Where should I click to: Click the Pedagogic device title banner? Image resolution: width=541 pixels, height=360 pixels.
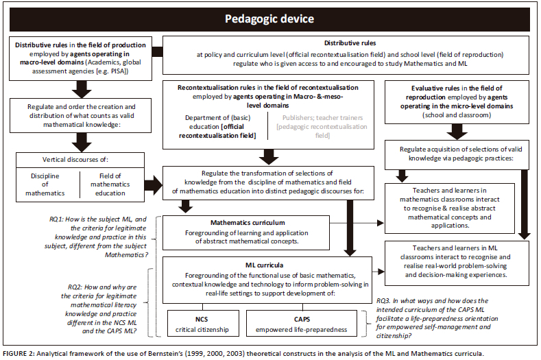pos(270,18)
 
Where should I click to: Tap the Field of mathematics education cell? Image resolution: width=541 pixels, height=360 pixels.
pos(110,184)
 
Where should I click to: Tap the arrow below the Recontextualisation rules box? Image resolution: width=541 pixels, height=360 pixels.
pos(270,156)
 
